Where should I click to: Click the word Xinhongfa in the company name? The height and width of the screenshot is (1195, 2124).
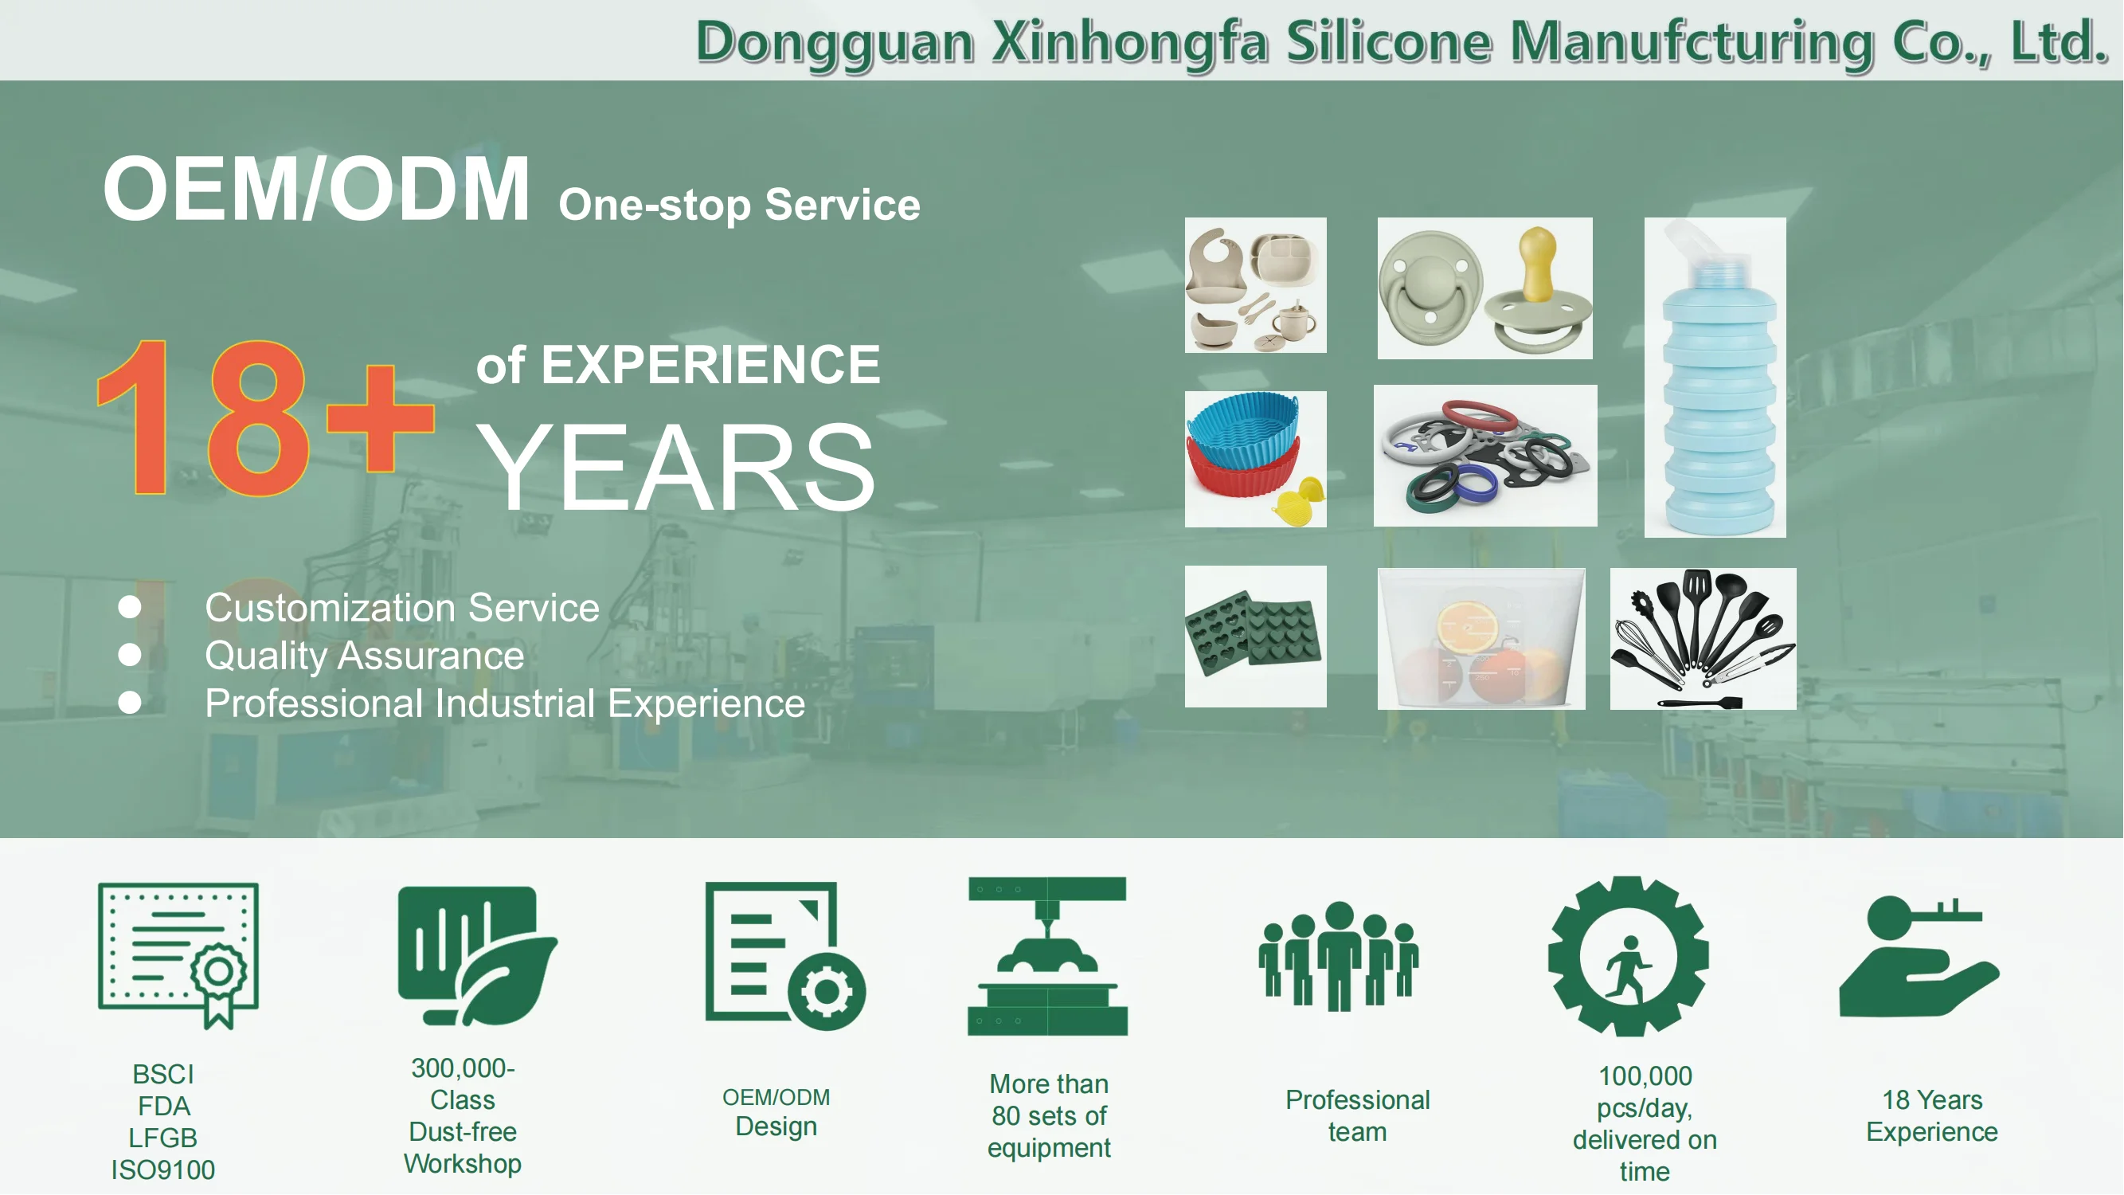pos(1129,43)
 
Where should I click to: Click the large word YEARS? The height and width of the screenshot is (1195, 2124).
pos(675,467)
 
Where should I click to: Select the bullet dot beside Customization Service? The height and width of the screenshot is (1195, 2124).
pos(130,607)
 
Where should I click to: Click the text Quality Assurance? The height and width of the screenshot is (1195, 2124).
pos(365,656)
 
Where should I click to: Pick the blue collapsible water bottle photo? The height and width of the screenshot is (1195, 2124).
pos(1715,378)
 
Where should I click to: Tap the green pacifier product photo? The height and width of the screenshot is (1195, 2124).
pos(1485,288)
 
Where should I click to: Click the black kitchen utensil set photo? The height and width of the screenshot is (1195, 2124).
pos(1703,639)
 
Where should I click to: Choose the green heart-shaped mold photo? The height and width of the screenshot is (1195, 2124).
pos(1256,637)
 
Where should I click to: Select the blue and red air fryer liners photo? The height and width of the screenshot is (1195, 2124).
pos(1256,460)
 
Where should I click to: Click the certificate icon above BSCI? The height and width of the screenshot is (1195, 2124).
pos(178,956)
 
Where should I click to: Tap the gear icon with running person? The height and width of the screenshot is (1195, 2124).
pos(1629,957)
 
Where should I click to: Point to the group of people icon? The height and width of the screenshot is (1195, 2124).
pos(1338,957)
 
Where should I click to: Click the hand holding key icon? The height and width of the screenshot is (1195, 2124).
pos(1919,957)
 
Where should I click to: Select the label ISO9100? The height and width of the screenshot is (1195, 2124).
pos(163,1170)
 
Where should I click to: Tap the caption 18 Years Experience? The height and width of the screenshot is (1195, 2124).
pos(1932,1116)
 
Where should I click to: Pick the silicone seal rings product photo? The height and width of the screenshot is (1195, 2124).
pos(1485,456)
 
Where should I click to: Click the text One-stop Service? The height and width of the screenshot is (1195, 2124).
pos(740,205)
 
